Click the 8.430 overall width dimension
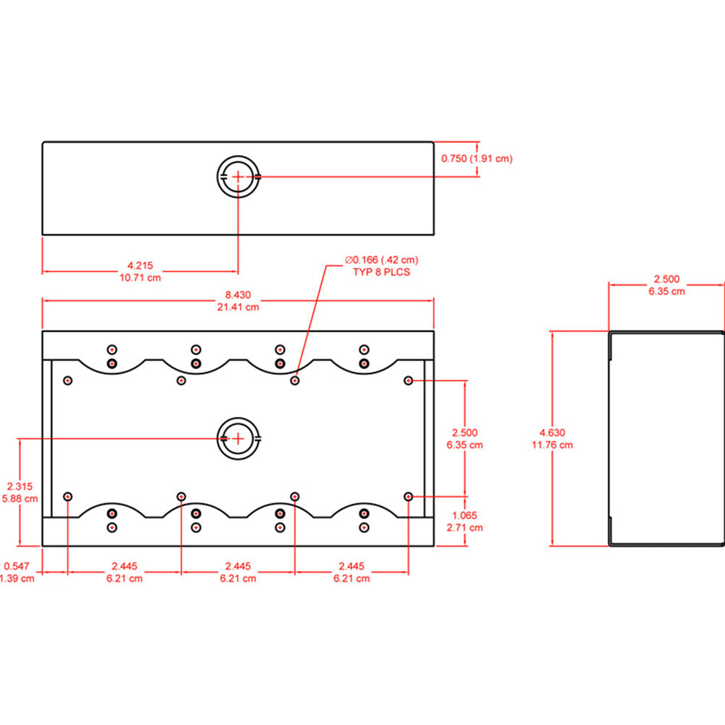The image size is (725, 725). tap(238, 295)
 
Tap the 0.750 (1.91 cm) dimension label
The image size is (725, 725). tap(477, 159)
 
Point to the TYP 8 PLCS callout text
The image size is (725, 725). tap(381, 272)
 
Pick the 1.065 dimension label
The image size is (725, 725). tap(465, 516)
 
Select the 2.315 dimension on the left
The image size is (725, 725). tap(20, 486)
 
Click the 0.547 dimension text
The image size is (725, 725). tap(16, 566)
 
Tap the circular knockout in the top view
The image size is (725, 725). tap(238, 176)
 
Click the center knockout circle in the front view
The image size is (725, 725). tap(238, 438)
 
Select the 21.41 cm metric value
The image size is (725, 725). tap(238, 307)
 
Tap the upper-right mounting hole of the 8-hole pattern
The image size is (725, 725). tap(408, 381)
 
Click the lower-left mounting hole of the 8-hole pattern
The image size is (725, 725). tap(67, 497)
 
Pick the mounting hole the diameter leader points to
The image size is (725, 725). tap(294, 380)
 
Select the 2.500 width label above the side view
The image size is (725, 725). tap(666, 280)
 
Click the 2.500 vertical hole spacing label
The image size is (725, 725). tap(465, 433)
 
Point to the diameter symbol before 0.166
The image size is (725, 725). tap(349, 260)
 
